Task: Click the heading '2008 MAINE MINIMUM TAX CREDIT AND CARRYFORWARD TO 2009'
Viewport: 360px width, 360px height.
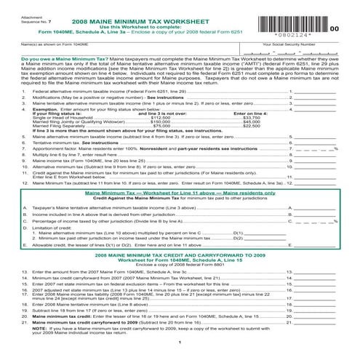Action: [179, 257]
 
